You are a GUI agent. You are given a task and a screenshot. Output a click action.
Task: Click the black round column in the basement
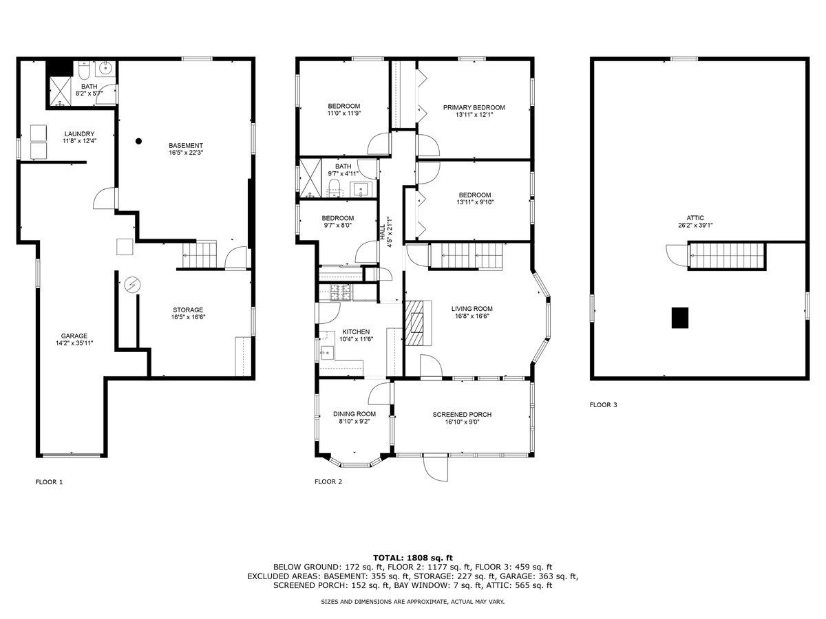coord(138,141)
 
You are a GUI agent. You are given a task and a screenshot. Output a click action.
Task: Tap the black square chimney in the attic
coord(680,318)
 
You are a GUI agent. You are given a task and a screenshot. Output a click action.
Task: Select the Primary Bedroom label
coord(474,107)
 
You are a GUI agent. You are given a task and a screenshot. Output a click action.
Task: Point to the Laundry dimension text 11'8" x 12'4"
coord(79,141)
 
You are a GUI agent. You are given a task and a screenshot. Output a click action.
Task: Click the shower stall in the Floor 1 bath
coord(60,89)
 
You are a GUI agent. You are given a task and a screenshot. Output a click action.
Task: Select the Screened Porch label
coord(462,414)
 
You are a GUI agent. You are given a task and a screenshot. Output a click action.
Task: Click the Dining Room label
coord(354,413)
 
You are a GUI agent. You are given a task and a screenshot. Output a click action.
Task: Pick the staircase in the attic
coord(727,257)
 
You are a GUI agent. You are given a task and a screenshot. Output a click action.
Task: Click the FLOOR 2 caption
coord(328,482)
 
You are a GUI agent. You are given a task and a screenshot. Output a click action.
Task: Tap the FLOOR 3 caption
coord(603,405)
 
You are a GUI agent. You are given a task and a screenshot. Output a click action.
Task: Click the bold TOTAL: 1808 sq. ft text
coord(412,557)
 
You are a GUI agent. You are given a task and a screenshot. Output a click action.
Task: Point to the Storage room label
coord(188,309)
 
